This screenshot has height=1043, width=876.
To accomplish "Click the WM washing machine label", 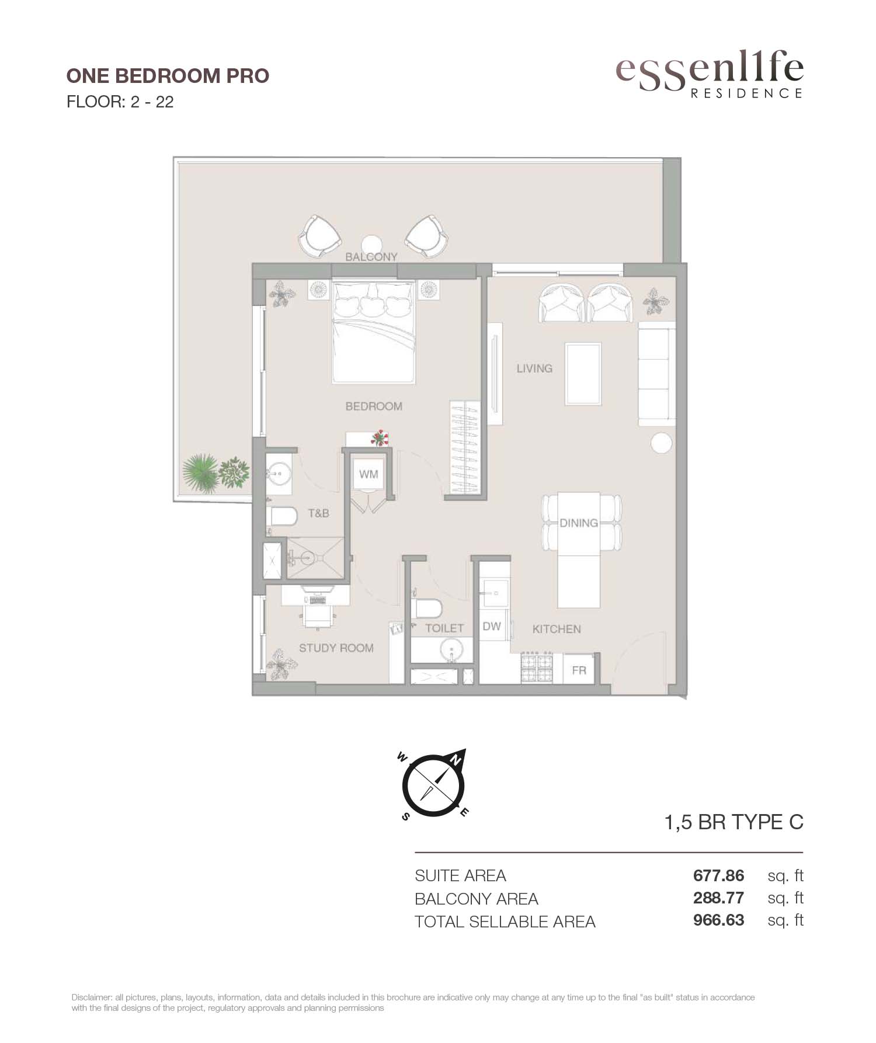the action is (369, 474).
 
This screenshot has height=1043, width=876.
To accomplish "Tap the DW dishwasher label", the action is (492, 626).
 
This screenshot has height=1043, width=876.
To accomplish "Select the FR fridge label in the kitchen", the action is (579, 670).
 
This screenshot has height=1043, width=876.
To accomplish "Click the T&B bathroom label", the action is (318, 513).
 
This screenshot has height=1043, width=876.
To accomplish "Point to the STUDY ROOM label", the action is (336, 648).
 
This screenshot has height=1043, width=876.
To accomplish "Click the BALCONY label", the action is (371, 257).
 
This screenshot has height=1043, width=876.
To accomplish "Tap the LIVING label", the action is (534, 368).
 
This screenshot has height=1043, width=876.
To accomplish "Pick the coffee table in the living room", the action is (583, 374).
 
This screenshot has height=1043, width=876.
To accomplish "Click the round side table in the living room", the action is (663, 444).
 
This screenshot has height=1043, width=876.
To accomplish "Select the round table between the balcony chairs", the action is (371, 245).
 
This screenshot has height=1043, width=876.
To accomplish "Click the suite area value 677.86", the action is (719, 876).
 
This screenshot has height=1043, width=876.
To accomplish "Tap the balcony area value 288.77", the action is (719, 898).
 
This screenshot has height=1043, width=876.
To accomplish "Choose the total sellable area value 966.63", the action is (719, 920).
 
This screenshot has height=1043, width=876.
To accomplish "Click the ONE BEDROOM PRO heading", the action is (168, 76).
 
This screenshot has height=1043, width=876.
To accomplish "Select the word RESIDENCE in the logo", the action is (746, 93).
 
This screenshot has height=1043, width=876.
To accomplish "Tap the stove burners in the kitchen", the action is (537, 667).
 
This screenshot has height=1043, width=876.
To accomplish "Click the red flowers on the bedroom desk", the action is (380, 437).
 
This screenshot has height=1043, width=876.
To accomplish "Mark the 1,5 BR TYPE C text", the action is (734, 822).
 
